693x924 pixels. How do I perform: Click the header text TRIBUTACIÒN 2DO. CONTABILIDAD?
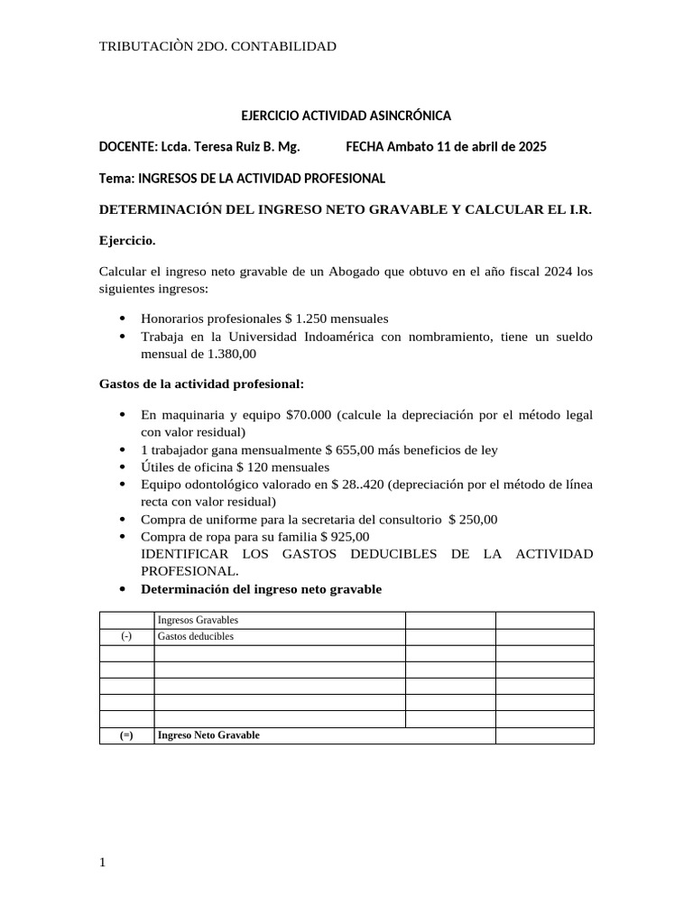click(x=217, y=46)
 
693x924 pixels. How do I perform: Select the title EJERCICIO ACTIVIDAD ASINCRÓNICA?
click(x=346, y=115)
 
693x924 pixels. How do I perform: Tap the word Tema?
click(x=116, y=178)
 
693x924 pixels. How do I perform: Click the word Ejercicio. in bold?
click(x=126, y=240)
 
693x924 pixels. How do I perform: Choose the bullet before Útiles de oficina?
click(x=122, y=467)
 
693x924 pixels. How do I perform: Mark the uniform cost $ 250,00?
click(x=472, y=520)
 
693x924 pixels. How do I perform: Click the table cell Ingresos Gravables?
click(x=198, y=620)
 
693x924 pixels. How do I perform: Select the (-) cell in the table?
click(x=126, y=636)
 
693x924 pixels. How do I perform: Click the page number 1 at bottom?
click(x=103, y=863)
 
